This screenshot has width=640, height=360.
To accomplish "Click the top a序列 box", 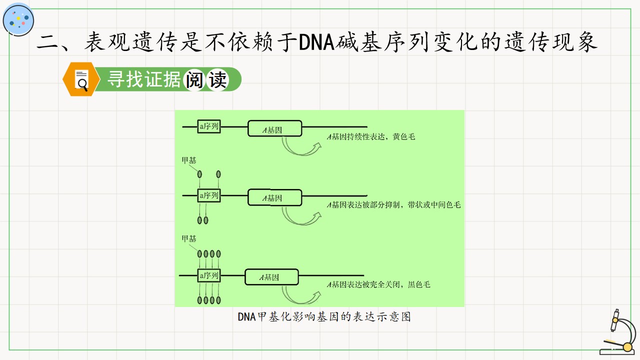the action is pos(209,126).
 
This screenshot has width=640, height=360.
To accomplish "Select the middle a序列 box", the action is pos(209,195).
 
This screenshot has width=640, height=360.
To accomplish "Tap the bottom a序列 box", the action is pos(209,275).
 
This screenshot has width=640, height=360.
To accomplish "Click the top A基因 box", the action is pos(274,128).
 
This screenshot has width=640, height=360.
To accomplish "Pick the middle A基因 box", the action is pos(274,197).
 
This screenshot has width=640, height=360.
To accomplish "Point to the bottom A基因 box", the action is pos(271,277).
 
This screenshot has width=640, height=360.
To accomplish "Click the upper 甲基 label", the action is pos(189,160).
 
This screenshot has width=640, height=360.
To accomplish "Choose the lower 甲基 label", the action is pos(189,238).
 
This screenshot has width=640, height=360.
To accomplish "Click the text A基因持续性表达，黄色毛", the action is pos(371,137).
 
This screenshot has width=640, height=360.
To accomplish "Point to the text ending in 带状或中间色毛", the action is pos(393,205).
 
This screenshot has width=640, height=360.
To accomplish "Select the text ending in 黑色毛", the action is pos(378,284).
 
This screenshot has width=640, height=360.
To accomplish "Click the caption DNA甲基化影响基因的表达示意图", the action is pos(324,317).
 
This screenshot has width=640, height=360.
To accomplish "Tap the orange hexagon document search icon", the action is pos(81,79).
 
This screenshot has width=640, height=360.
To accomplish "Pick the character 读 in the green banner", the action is pos(217,79).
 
